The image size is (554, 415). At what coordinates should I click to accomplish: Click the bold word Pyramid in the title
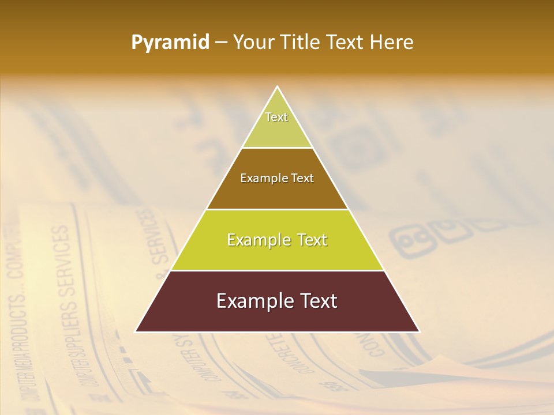(x=170, y=43)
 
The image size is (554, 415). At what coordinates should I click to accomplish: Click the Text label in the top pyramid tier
(x=276, y=117)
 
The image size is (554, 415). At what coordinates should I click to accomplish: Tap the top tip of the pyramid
(x=278, y=87)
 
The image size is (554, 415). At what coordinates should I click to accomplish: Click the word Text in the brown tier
(x=302, y=179)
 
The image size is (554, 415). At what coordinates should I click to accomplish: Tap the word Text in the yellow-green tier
(x=312, y=240)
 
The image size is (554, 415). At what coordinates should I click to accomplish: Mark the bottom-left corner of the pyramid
(x=136, y=332)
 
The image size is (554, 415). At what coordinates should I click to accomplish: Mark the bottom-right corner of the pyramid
(x=420, y=332)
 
